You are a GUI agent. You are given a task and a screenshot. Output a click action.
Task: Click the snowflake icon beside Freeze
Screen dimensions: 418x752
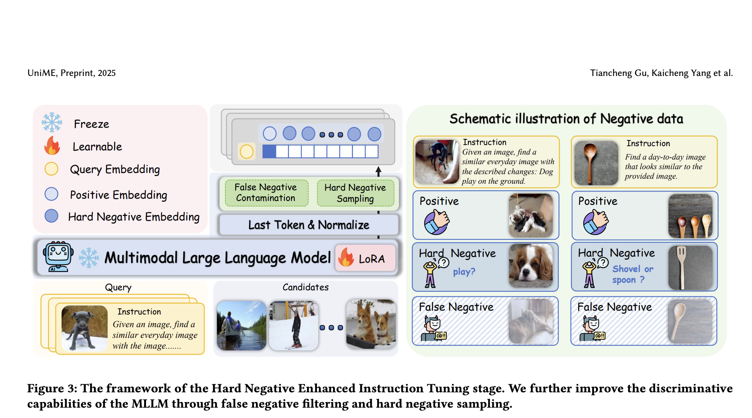(x=52, y=122)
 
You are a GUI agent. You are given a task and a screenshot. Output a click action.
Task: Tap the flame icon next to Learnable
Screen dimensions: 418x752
(x=52, y=146)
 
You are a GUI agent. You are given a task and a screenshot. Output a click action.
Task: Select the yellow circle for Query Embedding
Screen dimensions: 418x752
(x=51, y=169)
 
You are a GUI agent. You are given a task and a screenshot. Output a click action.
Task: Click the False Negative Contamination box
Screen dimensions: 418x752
(x=266, y=193)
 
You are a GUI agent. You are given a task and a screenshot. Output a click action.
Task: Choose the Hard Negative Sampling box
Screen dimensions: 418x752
(x=355, y=193)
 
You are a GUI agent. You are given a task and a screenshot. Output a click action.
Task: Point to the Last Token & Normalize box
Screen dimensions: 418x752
(x=309, y=225)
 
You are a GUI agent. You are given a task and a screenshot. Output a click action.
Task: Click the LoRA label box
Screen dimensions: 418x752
(x=366, y=258)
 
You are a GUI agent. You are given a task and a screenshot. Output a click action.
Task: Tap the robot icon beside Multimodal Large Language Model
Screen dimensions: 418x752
(x=58, y=257)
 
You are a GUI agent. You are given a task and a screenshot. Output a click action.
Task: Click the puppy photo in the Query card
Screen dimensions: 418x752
(x=84, y=328)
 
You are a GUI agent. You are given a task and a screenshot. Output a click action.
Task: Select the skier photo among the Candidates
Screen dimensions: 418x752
(x=294, y=325)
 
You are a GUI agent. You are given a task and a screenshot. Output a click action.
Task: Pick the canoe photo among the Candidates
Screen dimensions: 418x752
(x=241, y=325)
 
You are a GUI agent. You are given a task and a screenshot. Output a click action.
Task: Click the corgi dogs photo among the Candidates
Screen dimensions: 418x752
(x=371, y=324)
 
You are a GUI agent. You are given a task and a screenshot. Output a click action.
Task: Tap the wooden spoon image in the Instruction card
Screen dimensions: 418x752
(x=596, y=163)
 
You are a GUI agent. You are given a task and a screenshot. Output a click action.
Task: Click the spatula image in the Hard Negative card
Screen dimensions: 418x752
(x=690, y=267)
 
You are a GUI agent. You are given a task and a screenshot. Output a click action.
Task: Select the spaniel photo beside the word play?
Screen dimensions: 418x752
(x=531, y=266)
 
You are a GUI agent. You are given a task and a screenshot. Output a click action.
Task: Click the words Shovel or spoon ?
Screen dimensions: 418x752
(x=632, y=274)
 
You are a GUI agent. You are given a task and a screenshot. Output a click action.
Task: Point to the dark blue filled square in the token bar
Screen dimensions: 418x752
(x=269, y=151)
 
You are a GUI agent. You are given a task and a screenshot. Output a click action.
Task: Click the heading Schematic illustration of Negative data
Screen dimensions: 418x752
(x=566, y=119)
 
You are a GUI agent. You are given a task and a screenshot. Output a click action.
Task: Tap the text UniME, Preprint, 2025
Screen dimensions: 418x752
(x=72, y=73)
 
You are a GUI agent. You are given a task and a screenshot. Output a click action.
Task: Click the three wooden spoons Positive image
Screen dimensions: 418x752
(x=690, y=216)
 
